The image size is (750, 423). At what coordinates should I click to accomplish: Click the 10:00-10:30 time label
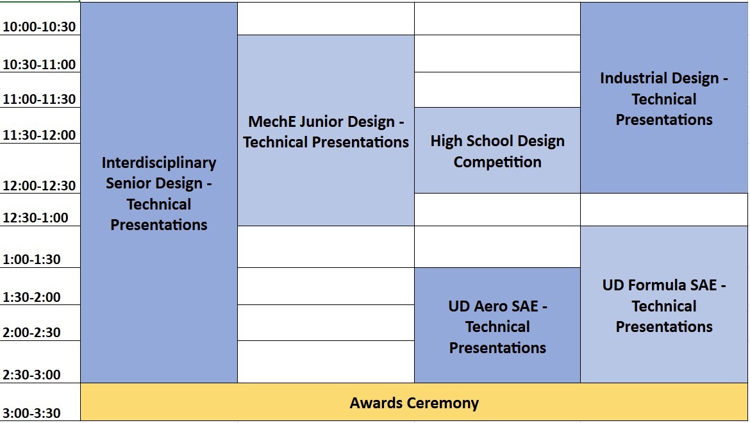(39, 27)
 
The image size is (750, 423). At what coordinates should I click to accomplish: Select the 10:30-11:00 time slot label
(39, 65)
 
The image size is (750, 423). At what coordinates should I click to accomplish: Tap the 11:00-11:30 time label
(39, 99)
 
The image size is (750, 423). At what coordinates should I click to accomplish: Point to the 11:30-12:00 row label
(39, 135)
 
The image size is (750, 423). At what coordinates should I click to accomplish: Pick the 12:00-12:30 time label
(39, 185)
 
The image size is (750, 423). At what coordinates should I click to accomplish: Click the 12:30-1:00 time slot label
(35, 218)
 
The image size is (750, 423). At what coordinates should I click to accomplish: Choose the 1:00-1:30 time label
(31, 260)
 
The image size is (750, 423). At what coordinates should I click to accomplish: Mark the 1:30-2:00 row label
(31, 297)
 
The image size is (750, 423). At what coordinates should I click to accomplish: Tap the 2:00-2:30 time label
(31, 333)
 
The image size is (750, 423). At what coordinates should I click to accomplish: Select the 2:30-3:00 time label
(31, 375)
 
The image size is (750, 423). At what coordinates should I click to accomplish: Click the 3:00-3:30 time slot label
(31, 413)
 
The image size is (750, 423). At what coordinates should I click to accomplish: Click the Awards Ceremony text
(414, 403)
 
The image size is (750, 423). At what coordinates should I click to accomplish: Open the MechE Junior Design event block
(326, 131)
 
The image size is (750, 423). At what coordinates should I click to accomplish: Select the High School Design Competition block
(497, 151)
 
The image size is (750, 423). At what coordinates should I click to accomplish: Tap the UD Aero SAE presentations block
(497, 326)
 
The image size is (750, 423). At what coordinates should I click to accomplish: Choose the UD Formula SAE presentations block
(664, 304)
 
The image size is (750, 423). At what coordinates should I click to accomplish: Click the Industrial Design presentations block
(664, 98)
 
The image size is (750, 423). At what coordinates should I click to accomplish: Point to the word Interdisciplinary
(159, 163)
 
